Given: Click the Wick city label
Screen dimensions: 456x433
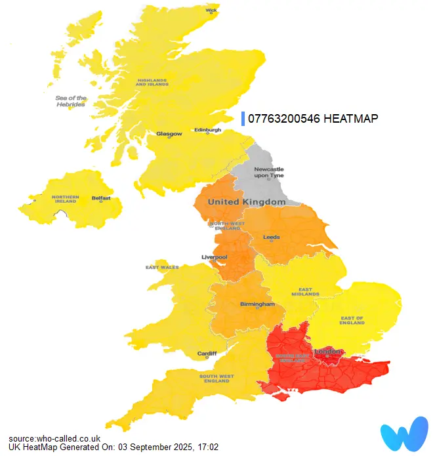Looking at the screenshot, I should (211, 10).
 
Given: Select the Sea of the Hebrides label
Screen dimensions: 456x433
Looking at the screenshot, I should (70, 101).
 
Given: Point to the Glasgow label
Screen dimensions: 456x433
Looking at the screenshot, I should (169, 134).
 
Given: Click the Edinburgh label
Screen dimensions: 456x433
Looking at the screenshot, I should (208, 130).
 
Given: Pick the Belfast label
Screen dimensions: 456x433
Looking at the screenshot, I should (101, 197).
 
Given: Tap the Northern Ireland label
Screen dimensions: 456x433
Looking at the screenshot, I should (66, 199).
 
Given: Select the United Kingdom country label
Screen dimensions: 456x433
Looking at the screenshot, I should (247, 202).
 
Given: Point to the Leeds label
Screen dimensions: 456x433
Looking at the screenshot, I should (271, 237).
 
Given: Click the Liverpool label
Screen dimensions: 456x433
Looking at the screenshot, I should (214, 257).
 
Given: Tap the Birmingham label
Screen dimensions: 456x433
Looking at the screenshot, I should (257, 304).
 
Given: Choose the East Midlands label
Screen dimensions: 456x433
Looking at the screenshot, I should (310, 291).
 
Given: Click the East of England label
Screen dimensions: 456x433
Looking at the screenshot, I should (352, 321).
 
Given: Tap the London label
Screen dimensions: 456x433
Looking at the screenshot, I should (328, 352).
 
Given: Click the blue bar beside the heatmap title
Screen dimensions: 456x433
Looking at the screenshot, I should (243, 118).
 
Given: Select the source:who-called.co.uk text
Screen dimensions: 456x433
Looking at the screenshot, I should (54, 438).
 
